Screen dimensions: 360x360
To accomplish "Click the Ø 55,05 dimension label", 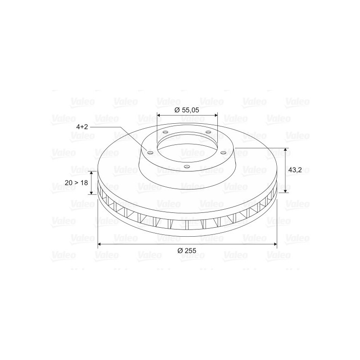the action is (187, 110).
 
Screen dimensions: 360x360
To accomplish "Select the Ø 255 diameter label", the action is (187, 251).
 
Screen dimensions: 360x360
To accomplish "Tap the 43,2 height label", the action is (295, 170).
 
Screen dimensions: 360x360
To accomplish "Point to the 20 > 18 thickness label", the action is (76, 183).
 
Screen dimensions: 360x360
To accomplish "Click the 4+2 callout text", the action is (82, 127).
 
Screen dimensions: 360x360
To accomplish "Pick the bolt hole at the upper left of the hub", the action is (165, 132).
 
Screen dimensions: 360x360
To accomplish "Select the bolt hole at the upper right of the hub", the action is (208, 132).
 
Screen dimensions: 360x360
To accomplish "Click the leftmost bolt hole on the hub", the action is (150, 153).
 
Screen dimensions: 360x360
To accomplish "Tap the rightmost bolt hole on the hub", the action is (223, 153).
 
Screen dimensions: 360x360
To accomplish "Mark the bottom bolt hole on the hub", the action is (187, 166).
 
